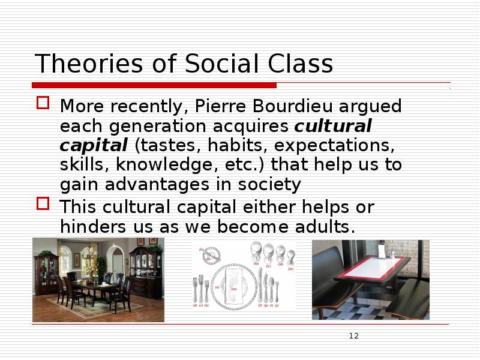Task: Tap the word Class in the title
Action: tap(299, 64)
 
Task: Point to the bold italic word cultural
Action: tap(334, 127)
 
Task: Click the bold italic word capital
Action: tap(94, 146)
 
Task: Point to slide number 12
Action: tap(353, 336)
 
